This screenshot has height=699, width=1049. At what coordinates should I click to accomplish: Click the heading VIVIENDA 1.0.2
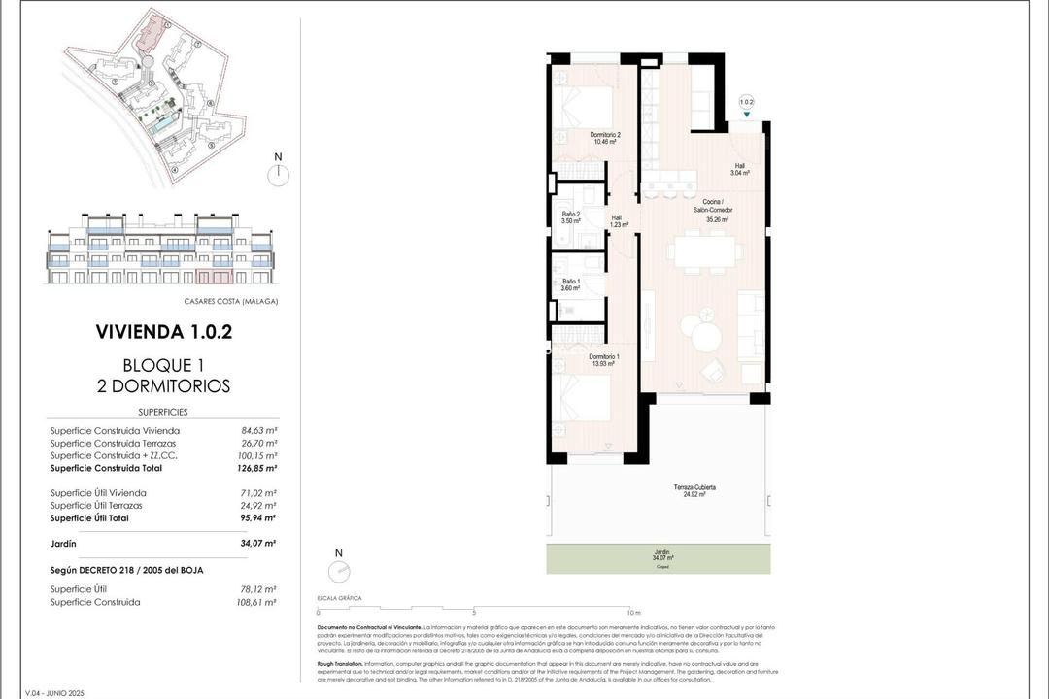pyautogui.click(x=163, y=332)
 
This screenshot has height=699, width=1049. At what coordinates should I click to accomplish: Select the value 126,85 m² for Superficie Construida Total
pyautogui.click(x=258, y=468)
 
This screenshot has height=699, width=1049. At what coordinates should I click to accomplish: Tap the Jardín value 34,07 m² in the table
pyautogui.click(x=258, y=544)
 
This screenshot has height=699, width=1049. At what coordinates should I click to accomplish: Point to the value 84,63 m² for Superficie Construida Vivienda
pyautogui.click(x=259, y=430)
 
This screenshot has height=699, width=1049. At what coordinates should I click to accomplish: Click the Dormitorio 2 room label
pyautogui.click(x=605, y=138)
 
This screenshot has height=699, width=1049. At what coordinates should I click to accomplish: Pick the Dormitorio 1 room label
pyautogui.click(x=604, y=359)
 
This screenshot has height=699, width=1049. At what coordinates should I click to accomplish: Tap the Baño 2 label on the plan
pyautogui.click(x=570, y=217)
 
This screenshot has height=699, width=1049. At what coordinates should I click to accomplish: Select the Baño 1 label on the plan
pyautogui.click(x=570, y=284)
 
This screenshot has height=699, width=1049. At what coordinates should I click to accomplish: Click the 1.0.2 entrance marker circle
pyautogui.click(x=746, y=101)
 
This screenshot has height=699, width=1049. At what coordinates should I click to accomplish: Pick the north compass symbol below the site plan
pyautogui.click(x=279, y=173)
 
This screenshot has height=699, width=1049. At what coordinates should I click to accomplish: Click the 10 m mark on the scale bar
pyautogui.click(x=633, y=613)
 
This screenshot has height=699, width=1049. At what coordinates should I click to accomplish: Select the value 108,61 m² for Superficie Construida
pyautogui.click(x=258, y=602)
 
